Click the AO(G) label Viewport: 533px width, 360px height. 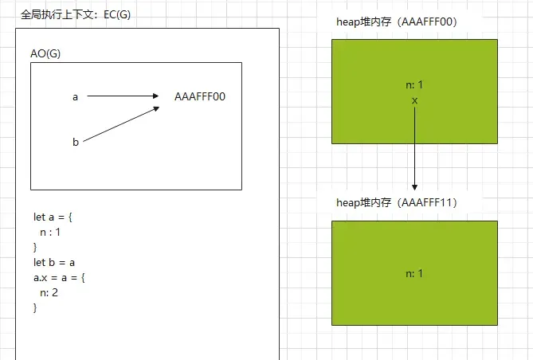tap(46, 53)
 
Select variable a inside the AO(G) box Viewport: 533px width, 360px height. tap(75, 96)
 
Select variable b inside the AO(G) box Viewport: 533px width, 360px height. tap(76, 142)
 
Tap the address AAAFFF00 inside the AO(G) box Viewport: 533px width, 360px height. tap(200, 96)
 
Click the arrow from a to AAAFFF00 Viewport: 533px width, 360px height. tap(123, 96)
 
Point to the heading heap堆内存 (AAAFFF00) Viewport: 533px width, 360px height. tap(396, 22)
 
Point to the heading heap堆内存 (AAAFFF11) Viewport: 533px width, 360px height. tap(396, 202)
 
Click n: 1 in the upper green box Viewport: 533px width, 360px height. tap(414, 85)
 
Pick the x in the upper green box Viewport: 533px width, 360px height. tap(414, 100)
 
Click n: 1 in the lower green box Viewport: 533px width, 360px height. tap(414, 273)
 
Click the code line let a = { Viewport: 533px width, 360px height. tap(53, 217)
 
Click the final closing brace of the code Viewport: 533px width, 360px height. tap(35, 307)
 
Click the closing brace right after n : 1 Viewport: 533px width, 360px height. tap(35, 247)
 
